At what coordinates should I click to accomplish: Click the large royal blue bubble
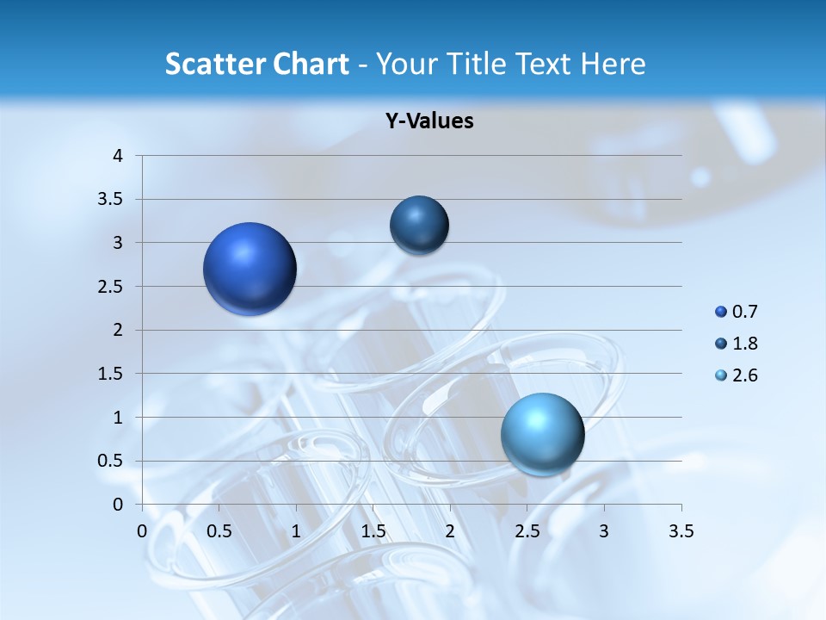point(250,269)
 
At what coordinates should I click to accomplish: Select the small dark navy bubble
point(419,225)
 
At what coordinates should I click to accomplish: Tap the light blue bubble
point(543,433)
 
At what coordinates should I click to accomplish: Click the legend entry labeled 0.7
point(737,312)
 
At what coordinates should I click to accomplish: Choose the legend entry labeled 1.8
point(737,344)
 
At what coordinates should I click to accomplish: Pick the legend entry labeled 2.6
point(737,375)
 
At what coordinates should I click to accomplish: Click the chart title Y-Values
point(428,121)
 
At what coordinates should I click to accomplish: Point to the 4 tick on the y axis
point(118,156)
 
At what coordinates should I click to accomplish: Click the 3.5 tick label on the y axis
point(113,200)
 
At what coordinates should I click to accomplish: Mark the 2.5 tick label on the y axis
point(113,287)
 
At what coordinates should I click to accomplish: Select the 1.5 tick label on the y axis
point(113,374)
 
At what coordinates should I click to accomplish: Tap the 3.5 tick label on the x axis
point(681,531)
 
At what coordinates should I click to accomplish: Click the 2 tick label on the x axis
point(450,531)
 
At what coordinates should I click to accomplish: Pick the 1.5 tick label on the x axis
point(373,531)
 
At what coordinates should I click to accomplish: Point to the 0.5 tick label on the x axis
point(219,531)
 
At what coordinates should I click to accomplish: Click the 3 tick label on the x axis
point(604,531)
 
